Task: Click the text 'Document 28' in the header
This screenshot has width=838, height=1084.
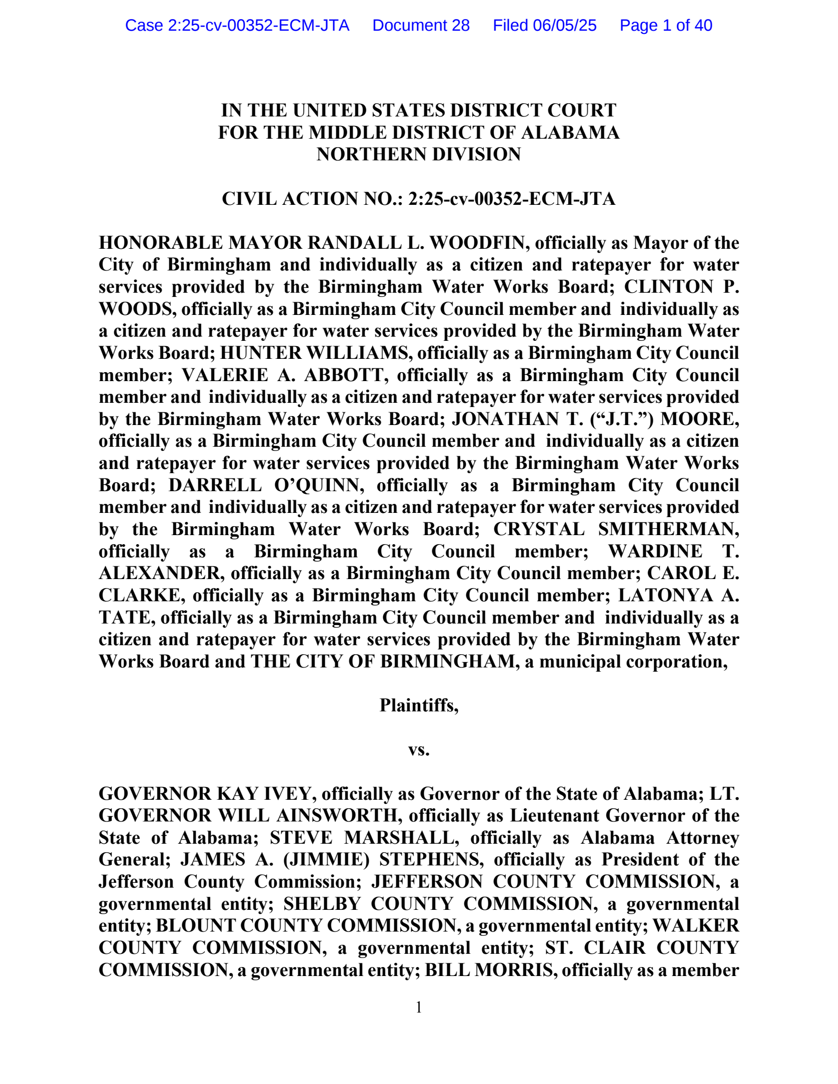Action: point(421,25)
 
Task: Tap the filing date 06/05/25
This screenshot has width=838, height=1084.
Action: point(565,25)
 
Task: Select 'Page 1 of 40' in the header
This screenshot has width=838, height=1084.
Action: point(665,25)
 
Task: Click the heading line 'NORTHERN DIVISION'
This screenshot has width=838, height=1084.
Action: point(419,154)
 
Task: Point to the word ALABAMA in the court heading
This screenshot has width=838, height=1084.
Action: point(570,132)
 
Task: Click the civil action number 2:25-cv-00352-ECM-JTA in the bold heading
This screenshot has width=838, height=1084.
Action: point(511,199)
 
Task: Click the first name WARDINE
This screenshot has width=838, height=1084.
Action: point(655,552)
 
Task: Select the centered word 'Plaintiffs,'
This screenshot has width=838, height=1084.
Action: point(419,706)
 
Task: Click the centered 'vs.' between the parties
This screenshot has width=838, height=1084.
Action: point(419,750)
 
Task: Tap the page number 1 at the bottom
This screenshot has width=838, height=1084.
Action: point(419,1007)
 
